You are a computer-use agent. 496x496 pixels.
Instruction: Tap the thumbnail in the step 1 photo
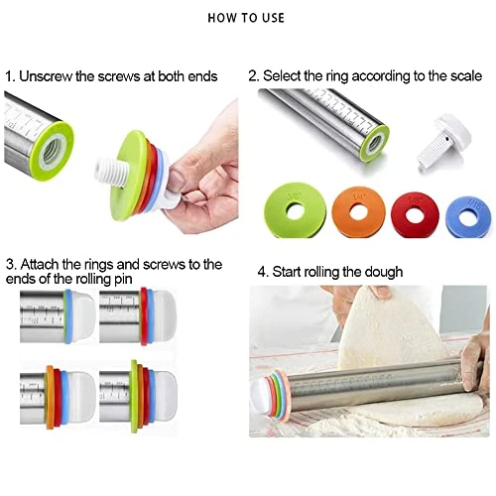point(204,189)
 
